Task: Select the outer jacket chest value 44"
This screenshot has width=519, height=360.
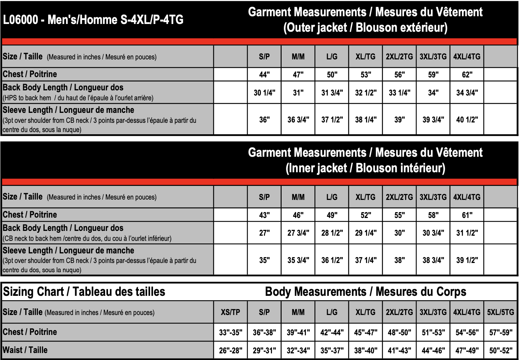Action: (x=264, y=75)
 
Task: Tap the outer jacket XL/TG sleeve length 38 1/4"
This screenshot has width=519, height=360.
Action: (x=366, y=120)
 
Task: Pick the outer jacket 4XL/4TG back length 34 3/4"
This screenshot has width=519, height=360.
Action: (x=467, y=93)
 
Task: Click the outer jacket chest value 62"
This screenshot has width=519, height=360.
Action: (x=467, y=75)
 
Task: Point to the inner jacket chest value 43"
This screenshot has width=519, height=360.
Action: (x=264, y=215)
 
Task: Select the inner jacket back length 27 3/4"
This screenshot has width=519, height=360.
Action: (x=298, y=233)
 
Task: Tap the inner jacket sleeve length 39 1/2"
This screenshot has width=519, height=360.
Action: (x=467, y=260)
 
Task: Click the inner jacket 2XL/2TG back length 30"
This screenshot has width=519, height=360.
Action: (x=400, y=233)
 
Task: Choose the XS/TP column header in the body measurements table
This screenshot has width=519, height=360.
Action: (x=230, y=312)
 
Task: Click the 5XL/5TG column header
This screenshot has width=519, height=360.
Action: (x=501, y=312)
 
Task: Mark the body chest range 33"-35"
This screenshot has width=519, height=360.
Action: (x=230, y=332)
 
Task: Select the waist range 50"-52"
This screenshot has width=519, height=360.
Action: (x=501, y=350)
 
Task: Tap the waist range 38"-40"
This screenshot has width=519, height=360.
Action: (x=366, y=350)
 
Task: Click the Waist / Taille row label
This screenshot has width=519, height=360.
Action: (x=25, y=350)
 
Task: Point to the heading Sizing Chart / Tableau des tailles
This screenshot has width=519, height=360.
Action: (x=84, y=292)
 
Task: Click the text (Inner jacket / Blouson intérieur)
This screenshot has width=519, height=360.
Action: (x=365, y=168)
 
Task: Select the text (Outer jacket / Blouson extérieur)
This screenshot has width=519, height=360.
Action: (x=365, y=28)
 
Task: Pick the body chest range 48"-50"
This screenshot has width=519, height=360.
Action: (x=400, y=332)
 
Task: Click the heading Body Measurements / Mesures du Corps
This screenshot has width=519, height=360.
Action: (x=365, y=292)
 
